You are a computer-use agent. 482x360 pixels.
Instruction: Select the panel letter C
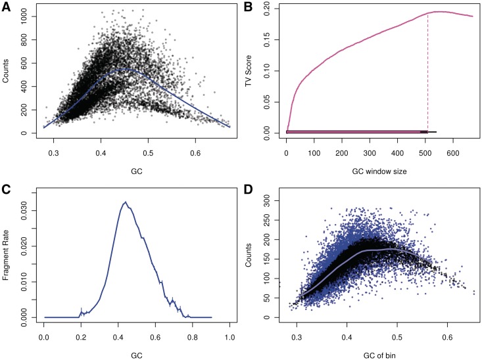pyautogui.click(x=8, y=191)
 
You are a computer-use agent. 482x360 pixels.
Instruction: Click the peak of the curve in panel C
pyautogui.click(x=126, y=202)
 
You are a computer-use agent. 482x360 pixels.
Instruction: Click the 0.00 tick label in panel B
pyautogui.click(x=272, y=131)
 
